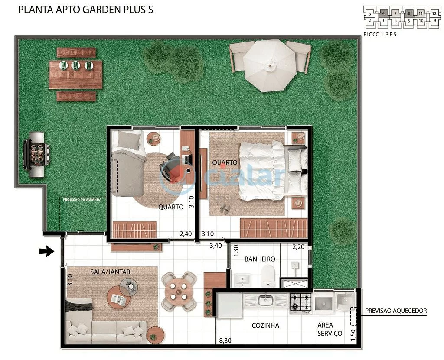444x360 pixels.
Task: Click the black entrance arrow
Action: tap(46, 251)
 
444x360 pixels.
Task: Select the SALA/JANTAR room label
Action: tap(110, 272)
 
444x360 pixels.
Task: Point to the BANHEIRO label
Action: tap(259, 259)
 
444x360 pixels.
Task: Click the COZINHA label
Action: tap(265, 325)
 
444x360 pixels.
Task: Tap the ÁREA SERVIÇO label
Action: tap(330, 329)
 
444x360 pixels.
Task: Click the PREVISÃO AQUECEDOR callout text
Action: tap(396, 311)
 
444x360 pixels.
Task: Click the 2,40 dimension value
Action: tap(185, 234)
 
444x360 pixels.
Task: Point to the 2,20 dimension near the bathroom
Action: tap(299, 247)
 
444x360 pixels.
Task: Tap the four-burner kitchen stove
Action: tap(301, 302)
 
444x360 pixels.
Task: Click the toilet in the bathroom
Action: tap(269, 275)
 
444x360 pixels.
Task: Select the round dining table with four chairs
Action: tap(179, 291)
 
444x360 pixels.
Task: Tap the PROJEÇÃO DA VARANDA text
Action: tap(82, 200)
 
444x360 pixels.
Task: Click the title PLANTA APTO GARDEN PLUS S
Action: tap(85, 10)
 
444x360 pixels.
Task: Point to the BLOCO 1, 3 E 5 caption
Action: tap(379, 34)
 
